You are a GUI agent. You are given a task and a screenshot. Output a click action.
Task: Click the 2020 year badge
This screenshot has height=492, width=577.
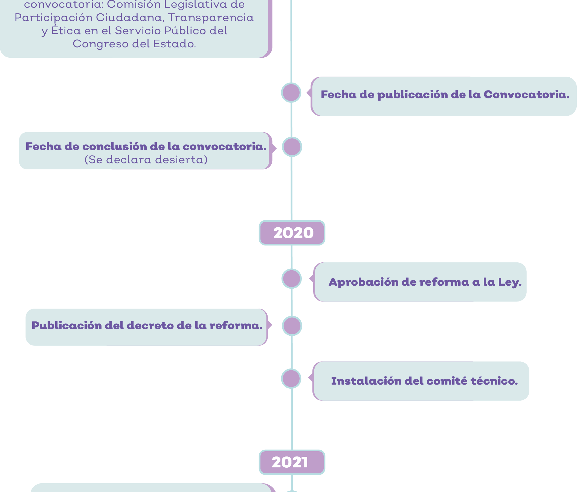292,233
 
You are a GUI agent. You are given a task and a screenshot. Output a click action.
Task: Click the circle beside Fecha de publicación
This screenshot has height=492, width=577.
291,92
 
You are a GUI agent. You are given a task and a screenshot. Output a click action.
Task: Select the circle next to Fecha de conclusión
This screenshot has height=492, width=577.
292,147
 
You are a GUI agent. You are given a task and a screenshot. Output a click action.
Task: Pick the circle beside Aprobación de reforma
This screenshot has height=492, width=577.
291,279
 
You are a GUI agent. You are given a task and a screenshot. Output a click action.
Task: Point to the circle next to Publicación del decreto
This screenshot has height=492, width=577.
292,326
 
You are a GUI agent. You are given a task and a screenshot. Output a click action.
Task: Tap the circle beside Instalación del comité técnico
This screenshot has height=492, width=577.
291,379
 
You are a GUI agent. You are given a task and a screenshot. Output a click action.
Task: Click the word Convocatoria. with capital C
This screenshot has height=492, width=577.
527,95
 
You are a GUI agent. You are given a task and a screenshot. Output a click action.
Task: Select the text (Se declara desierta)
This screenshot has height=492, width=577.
146,160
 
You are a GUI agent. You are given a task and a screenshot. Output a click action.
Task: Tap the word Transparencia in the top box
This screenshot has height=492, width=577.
211,18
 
